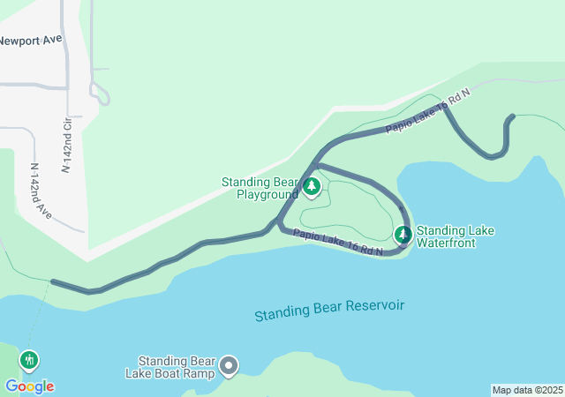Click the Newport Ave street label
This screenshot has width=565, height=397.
click(32, 41)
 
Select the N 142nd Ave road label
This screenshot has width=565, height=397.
click(40, 189)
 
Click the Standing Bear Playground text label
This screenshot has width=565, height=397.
click(260, 188)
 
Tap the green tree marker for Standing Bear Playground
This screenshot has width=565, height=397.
click(311, 187)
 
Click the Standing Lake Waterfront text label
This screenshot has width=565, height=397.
click(456, 236)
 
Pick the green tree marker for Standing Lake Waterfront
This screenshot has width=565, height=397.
click(403, 235)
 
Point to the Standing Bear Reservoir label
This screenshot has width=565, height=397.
click(329, 310)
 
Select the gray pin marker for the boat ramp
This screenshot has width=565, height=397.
click(230, 365)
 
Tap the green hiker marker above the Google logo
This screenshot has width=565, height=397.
click(30, 360)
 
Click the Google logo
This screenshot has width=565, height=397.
click(29, 386)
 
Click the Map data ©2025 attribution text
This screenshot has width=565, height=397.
click(527, 390)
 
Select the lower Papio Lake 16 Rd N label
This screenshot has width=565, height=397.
click(337, 243)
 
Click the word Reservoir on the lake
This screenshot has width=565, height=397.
click(374, 305)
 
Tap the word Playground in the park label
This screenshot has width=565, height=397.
click(267, 194)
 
